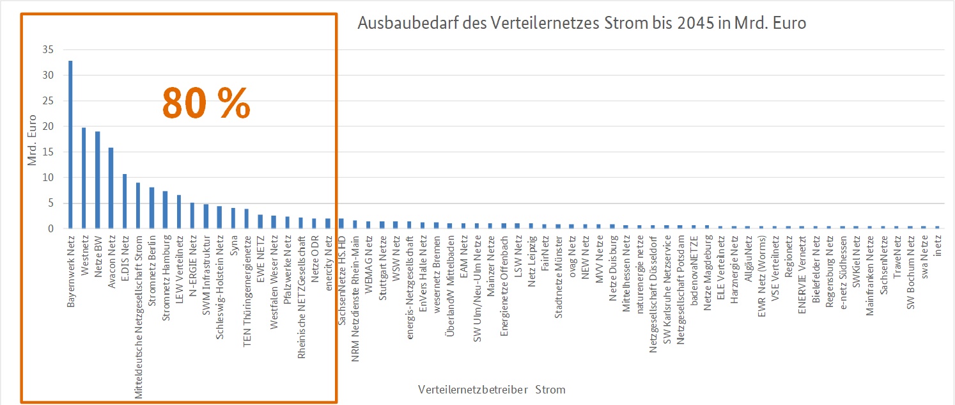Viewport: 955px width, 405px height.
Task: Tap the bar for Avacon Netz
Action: [111, 188]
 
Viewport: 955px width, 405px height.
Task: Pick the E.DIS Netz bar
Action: [125, 201]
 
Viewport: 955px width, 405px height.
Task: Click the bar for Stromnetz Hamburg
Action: [165, 209]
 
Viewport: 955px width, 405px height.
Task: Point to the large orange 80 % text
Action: [206, 102]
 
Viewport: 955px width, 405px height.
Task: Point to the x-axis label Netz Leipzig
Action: [532, 257]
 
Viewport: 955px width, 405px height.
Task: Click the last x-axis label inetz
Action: [938, 246]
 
